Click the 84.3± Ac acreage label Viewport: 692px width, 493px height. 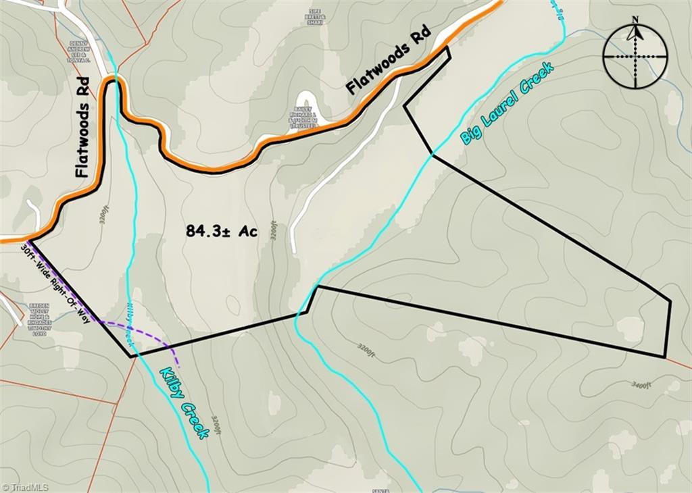point(221,232)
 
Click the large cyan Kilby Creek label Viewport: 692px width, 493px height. point(183,403)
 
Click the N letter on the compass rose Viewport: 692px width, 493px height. point(635,20)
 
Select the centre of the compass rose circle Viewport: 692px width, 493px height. point(635,57)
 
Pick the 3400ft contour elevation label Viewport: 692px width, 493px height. point(641,386)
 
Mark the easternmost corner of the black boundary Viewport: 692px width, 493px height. point(670,301)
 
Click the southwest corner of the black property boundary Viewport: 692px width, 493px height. point(130,356)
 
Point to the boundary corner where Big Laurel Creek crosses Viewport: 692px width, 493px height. point(432,155)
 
